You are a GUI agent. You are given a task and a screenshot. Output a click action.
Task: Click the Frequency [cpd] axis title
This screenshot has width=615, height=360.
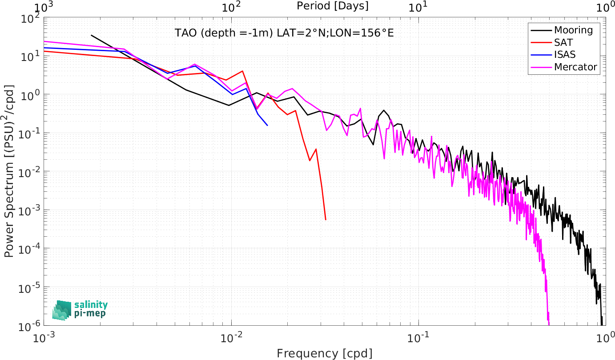325,353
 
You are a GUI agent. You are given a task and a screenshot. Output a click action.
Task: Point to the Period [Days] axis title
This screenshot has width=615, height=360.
333,6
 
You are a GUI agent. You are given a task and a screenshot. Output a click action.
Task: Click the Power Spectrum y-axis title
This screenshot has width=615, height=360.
9,171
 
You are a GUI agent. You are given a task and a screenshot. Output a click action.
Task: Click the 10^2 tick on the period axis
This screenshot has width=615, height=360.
231,7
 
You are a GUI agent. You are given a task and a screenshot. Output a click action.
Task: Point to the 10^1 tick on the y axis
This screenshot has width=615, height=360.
28,57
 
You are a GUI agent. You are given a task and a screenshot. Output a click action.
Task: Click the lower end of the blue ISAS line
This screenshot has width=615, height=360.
267,125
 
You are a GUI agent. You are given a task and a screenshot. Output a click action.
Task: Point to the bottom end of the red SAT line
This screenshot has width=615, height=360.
326,220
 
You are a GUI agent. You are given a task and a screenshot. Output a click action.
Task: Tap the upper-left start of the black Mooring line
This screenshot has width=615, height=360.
91,35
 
